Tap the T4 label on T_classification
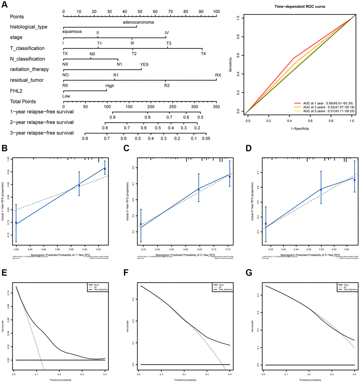tap(203, 54)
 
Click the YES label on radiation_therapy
tap(144, 65)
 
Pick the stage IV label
tap(167, 33)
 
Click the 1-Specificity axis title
tap(300, 128)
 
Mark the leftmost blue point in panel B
tap(16, 223)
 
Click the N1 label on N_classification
tap(119, 65)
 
